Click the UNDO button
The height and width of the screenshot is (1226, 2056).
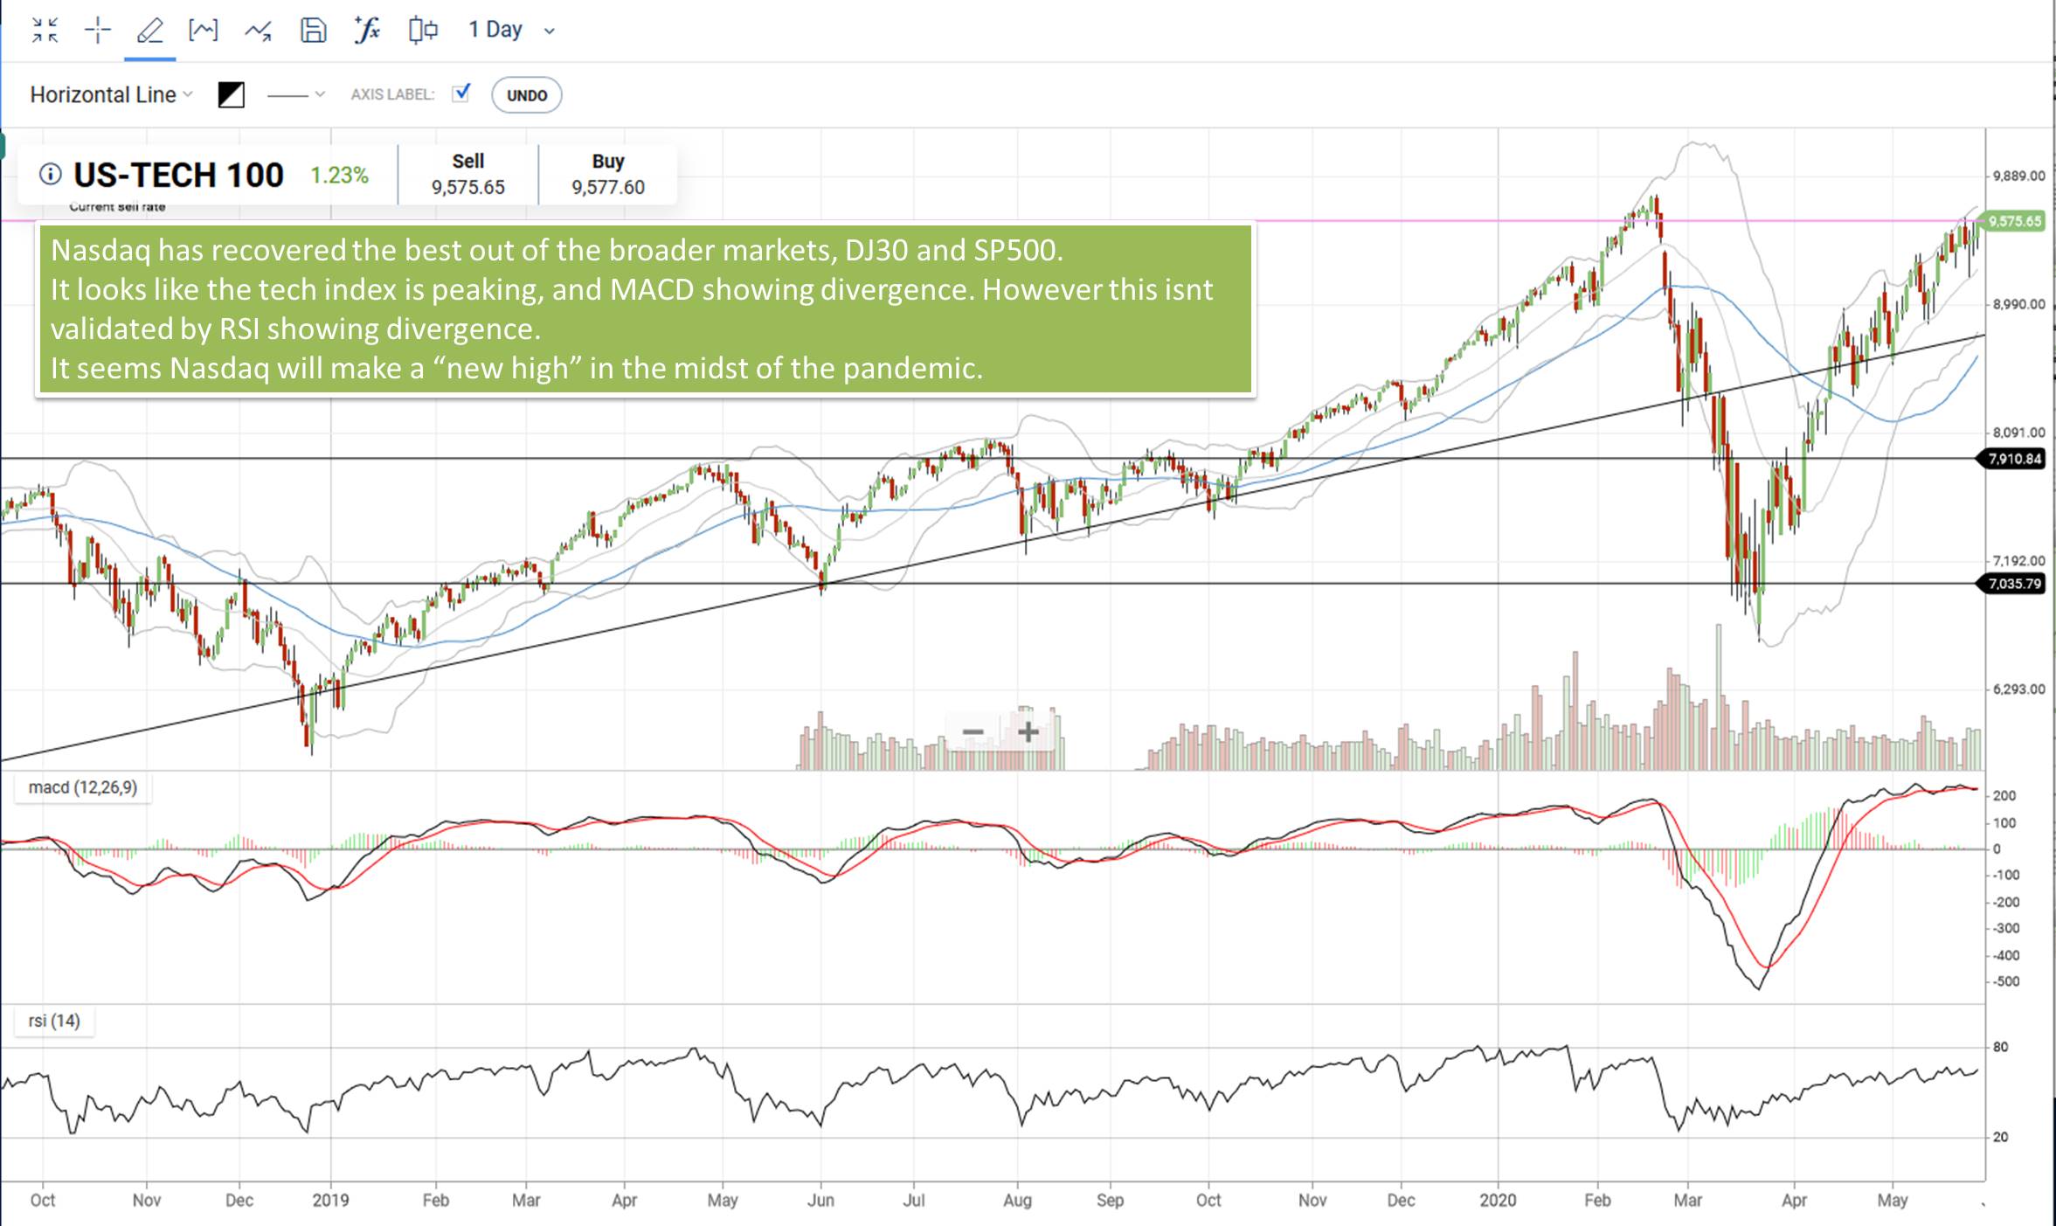click(x=526, y=95)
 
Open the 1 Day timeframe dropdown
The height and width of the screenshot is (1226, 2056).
click(x=510, y=31)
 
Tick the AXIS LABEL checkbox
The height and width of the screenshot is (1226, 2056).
click(x=461, y=93)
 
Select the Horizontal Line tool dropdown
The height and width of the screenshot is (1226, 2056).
click(x=110, y=94)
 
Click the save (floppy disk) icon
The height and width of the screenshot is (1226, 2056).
click(x=313, y=31)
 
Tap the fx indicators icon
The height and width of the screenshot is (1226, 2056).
click(x=367, y=31)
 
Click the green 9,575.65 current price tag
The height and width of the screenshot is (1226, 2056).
click(x=2014, y=221)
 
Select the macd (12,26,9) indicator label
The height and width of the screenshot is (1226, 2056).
click(x=82, y=787)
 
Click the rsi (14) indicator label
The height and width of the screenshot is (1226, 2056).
click(x=53, y=1021)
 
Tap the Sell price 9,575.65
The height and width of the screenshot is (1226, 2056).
click(x=467, y=187)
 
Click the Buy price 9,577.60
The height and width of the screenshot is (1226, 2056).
click(x=607, y=187)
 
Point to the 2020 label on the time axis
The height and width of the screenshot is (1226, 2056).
click(x=1498, y=1200)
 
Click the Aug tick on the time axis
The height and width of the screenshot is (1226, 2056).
click(x=1017, y=1200)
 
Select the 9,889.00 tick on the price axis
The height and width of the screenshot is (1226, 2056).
click(x=2018, y=176)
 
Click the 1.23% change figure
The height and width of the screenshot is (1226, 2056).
click(x=339, y=176)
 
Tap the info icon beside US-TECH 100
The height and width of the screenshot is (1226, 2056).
click(x=51, y=174)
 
